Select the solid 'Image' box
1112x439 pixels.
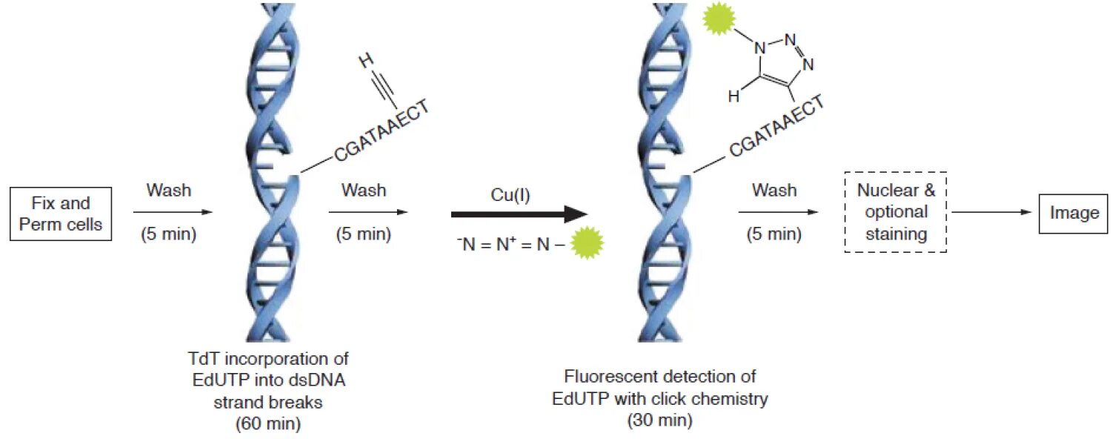(x=1074, y=213)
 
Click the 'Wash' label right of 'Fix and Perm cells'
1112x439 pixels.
(x=168, y=191)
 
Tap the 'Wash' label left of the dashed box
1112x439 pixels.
(x=774, y=191)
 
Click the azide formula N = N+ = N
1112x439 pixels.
(x=511, y=242)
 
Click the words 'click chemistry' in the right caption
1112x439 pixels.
(x=716, y=398)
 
